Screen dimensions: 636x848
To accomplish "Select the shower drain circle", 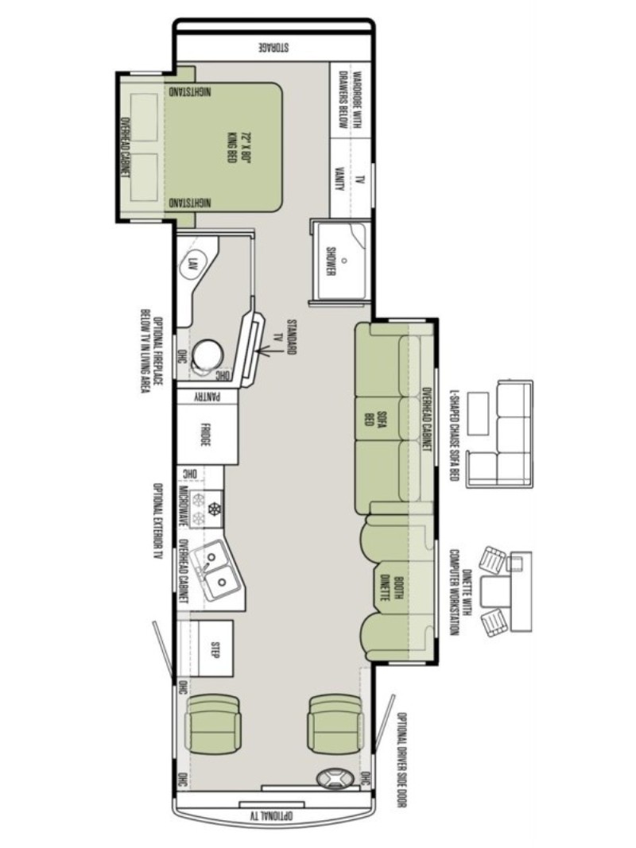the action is point(343,260).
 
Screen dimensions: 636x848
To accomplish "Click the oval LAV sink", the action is point(191,265).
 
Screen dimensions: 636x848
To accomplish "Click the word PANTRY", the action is point(207,397).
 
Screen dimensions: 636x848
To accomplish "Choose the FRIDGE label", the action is point(205,434).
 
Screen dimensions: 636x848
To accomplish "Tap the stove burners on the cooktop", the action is point(207,509).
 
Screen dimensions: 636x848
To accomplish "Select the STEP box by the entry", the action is point(215,649).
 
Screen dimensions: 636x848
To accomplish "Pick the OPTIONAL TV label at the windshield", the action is point(271,813).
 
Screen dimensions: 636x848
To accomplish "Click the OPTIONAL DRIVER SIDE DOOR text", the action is point(401,759).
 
